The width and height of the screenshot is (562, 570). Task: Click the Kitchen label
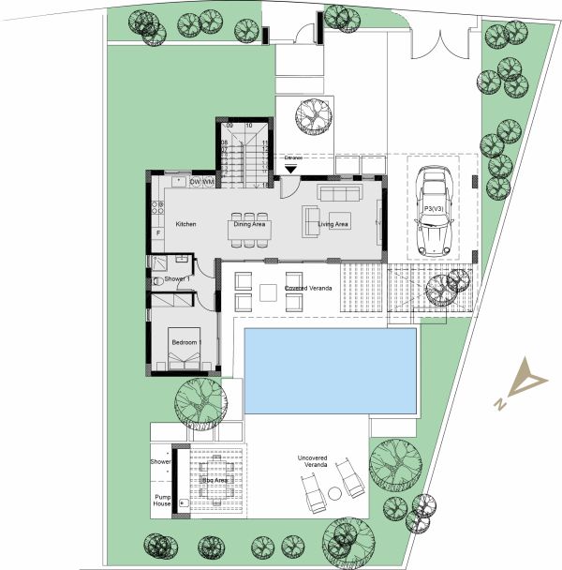[x=185, y=225]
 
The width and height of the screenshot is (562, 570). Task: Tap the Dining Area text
[x=250, y=225]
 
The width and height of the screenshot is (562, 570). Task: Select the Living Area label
[x=333, y=225]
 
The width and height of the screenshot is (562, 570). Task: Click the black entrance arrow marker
[x=291, y=170]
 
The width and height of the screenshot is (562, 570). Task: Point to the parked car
[x=434, y=212]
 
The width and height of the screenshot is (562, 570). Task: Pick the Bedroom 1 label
[x=185, y=343]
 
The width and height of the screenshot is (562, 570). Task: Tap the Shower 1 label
[x=177, y=279]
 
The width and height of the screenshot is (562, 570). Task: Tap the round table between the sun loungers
[x=333, y=492]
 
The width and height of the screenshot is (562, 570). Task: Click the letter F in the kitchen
[x=157, y=232]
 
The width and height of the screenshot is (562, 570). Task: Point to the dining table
[x=250, y=228]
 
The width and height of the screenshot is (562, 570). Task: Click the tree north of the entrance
[x=313, y=118]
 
